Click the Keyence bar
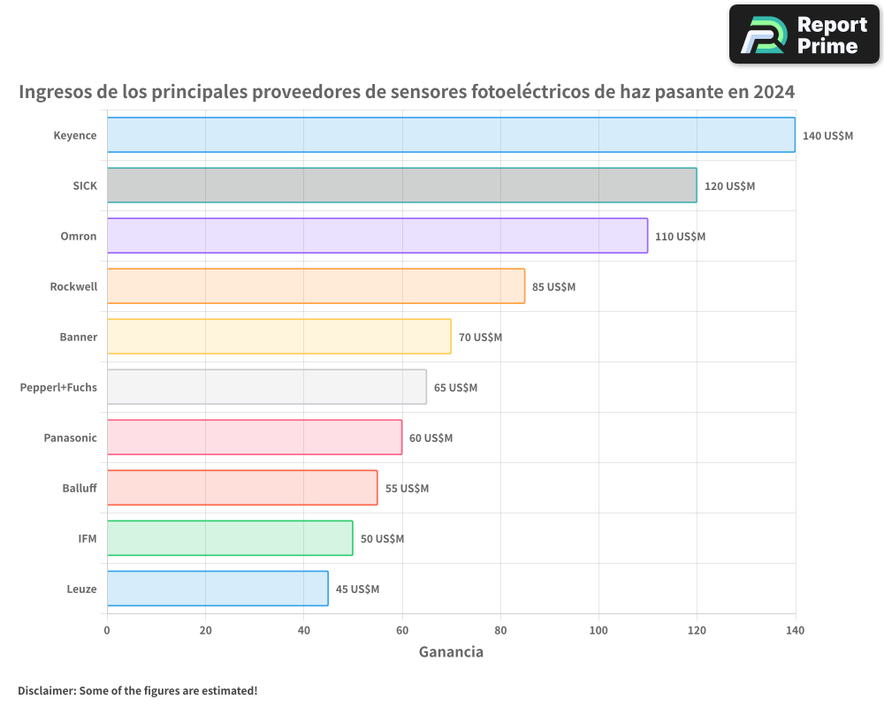click(x=451, y=135)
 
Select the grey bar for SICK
click(x=401, y=186)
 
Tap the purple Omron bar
click(x=377, y=236)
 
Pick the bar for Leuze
click(x=217, y=589)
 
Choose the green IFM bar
click(x=230, y=538)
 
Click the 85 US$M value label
click(x=553, y=287)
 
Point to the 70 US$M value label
click(x=480, y=338)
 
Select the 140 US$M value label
click(x=827, y=136)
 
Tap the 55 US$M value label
click(x=407, y=489)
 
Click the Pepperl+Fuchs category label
click(x=58, y=387)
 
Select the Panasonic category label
click(x=70, y=437)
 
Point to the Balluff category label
click(x=80, y=488)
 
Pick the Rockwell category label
click(x=73, y=286)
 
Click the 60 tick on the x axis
click(x=402, y=630)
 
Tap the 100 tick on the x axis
click(x=598, y=630)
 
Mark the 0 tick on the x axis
click(x=107, y=630)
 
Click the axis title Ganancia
click(x=451, y=652)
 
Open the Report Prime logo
click(x=804, y=34)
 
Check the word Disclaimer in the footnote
click(x=45, y=690)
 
